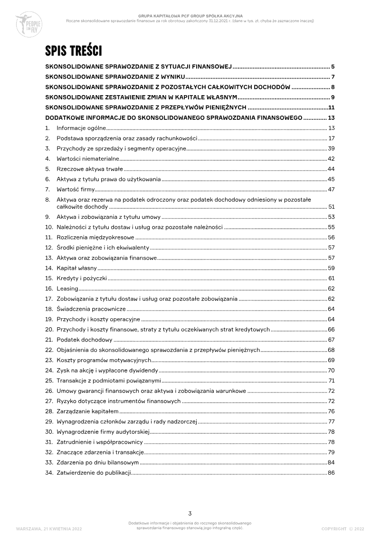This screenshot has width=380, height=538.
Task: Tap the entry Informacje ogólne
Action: pos(81,128)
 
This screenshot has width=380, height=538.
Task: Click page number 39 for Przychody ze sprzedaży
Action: pos(331,149)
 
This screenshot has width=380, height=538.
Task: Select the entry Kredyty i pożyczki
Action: pos(82,278)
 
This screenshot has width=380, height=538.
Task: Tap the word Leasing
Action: pos(67,288)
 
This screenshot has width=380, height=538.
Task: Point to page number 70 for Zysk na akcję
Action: pos(331,370)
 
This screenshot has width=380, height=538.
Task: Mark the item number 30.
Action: pos(48,431)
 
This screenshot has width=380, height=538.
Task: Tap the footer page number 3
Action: pos(190,513)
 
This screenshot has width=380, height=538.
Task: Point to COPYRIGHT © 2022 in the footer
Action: pos(342,528)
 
